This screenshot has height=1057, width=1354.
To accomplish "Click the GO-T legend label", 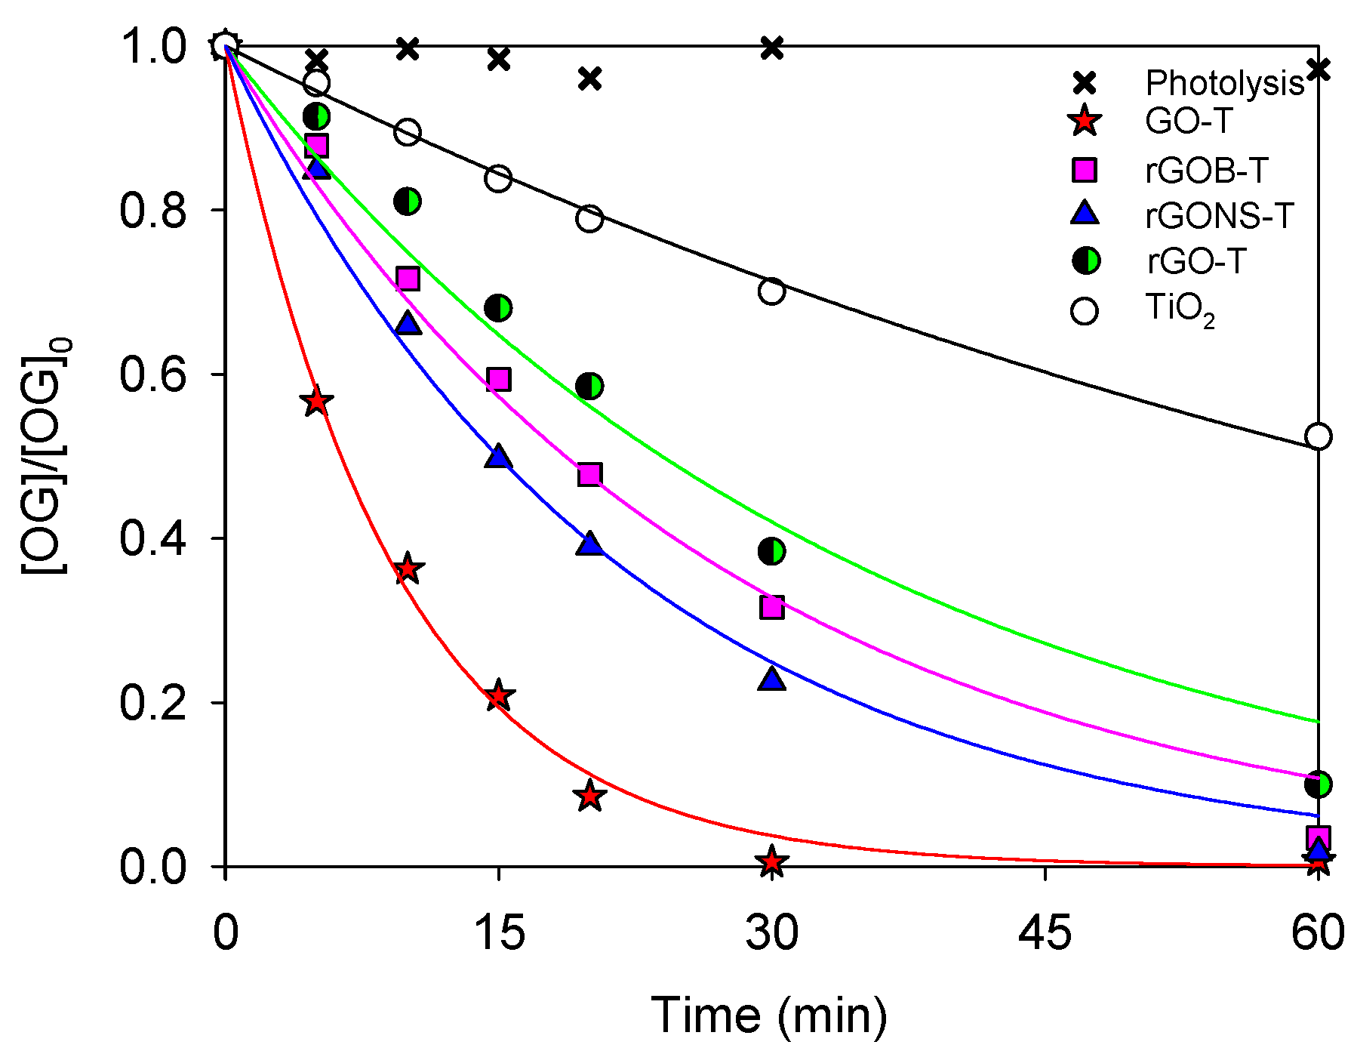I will tap(1189, 122).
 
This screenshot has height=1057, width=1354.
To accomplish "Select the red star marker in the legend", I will tap(1085, 122).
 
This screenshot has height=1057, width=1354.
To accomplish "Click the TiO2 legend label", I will tap(1180, 310).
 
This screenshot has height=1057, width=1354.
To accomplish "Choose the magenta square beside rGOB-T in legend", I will tap(1085, 171).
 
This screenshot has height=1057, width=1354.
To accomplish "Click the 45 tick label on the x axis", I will tap(1045, 933).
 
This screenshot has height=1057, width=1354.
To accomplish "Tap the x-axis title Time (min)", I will tap(768, 1015).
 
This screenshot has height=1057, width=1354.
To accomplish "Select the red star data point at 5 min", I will tap(316, 402).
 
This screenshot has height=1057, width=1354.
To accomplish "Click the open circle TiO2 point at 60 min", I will tap(1318, 436).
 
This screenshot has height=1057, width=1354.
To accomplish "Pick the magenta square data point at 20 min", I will tap(589, 474).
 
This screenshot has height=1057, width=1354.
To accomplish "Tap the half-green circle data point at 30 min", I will tap(771, 551).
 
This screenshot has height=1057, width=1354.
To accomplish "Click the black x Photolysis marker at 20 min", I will tap(589, 79).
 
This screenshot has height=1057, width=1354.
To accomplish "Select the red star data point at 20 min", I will tap(589, 796).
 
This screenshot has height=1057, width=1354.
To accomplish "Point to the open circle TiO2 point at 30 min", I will tap(771, 291).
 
